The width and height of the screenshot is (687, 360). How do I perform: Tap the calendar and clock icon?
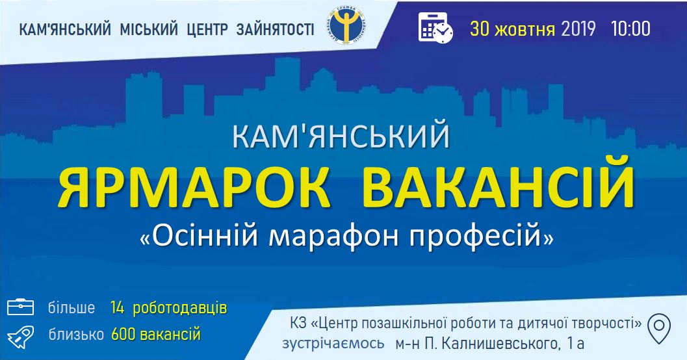[x=435, y=27]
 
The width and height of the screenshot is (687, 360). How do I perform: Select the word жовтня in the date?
[x=524, y=29]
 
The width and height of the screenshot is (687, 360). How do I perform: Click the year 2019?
[x=578, y=29]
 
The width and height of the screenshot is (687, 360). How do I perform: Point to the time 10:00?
[x=630, y=29]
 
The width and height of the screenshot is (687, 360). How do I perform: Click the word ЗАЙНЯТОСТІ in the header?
[x=275, y=29]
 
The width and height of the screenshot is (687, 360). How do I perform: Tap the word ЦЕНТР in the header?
[x=207, y=29]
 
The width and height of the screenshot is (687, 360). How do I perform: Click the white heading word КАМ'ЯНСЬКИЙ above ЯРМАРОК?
[x=341, y=136]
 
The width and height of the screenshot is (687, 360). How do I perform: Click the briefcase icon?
[x=20, y=307]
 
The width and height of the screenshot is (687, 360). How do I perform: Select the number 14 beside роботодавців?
[x=118, y=308]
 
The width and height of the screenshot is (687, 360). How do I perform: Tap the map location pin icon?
[x=659, y=328]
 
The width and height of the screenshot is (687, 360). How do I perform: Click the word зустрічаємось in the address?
[x=333, y=343]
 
